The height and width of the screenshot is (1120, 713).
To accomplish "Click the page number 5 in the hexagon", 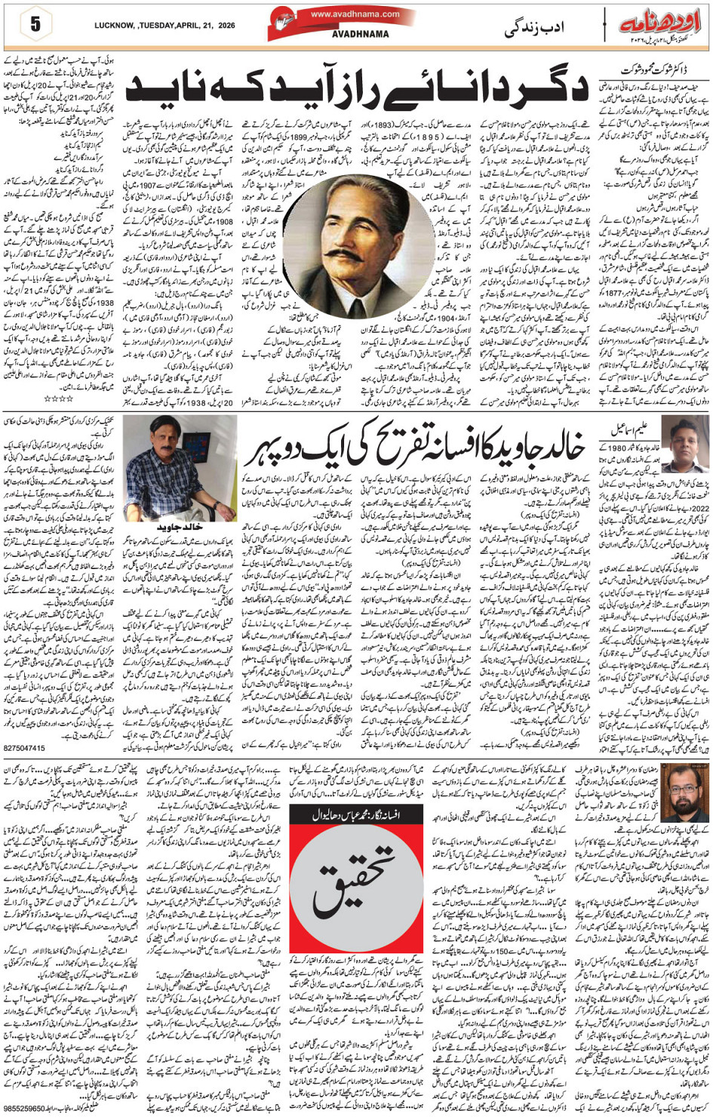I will point(35,24).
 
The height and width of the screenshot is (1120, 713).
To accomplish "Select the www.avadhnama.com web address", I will point(355,14).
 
